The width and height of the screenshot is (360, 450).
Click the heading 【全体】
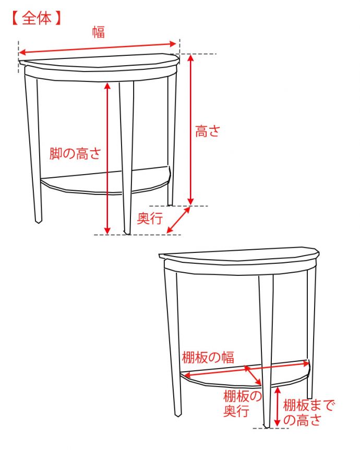37,18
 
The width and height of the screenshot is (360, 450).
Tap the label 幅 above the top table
99,32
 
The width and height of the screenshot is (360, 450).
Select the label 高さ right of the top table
207,131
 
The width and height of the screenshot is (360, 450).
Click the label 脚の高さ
75,153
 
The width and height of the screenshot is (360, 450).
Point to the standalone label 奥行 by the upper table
150,218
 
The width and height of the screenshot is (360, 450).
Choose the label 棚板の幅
208,358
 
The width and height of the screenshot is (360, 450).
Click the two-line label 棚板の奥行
242,403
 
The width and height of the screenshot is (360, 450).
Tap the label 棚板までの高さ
308,412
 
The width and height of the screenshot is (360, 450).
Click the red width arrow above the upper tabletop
98,48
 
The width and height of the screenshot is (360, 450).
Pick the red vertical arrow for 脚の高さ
107,158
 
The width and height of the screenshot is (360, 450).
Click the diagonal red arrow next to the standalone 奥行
178,220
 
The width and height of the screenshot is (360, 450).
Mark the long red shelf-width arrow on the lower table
247,369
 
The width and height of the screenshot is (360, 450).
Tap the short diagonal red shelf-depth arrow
253,375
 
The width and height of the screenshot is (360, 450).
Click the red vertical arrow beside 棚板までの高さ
277,406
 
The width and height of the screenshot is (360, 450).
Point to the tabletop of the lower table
239,254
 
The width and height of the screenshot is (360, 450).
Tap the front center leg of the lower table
266,351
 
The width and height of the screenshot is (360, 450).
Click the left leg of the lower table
173,342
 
